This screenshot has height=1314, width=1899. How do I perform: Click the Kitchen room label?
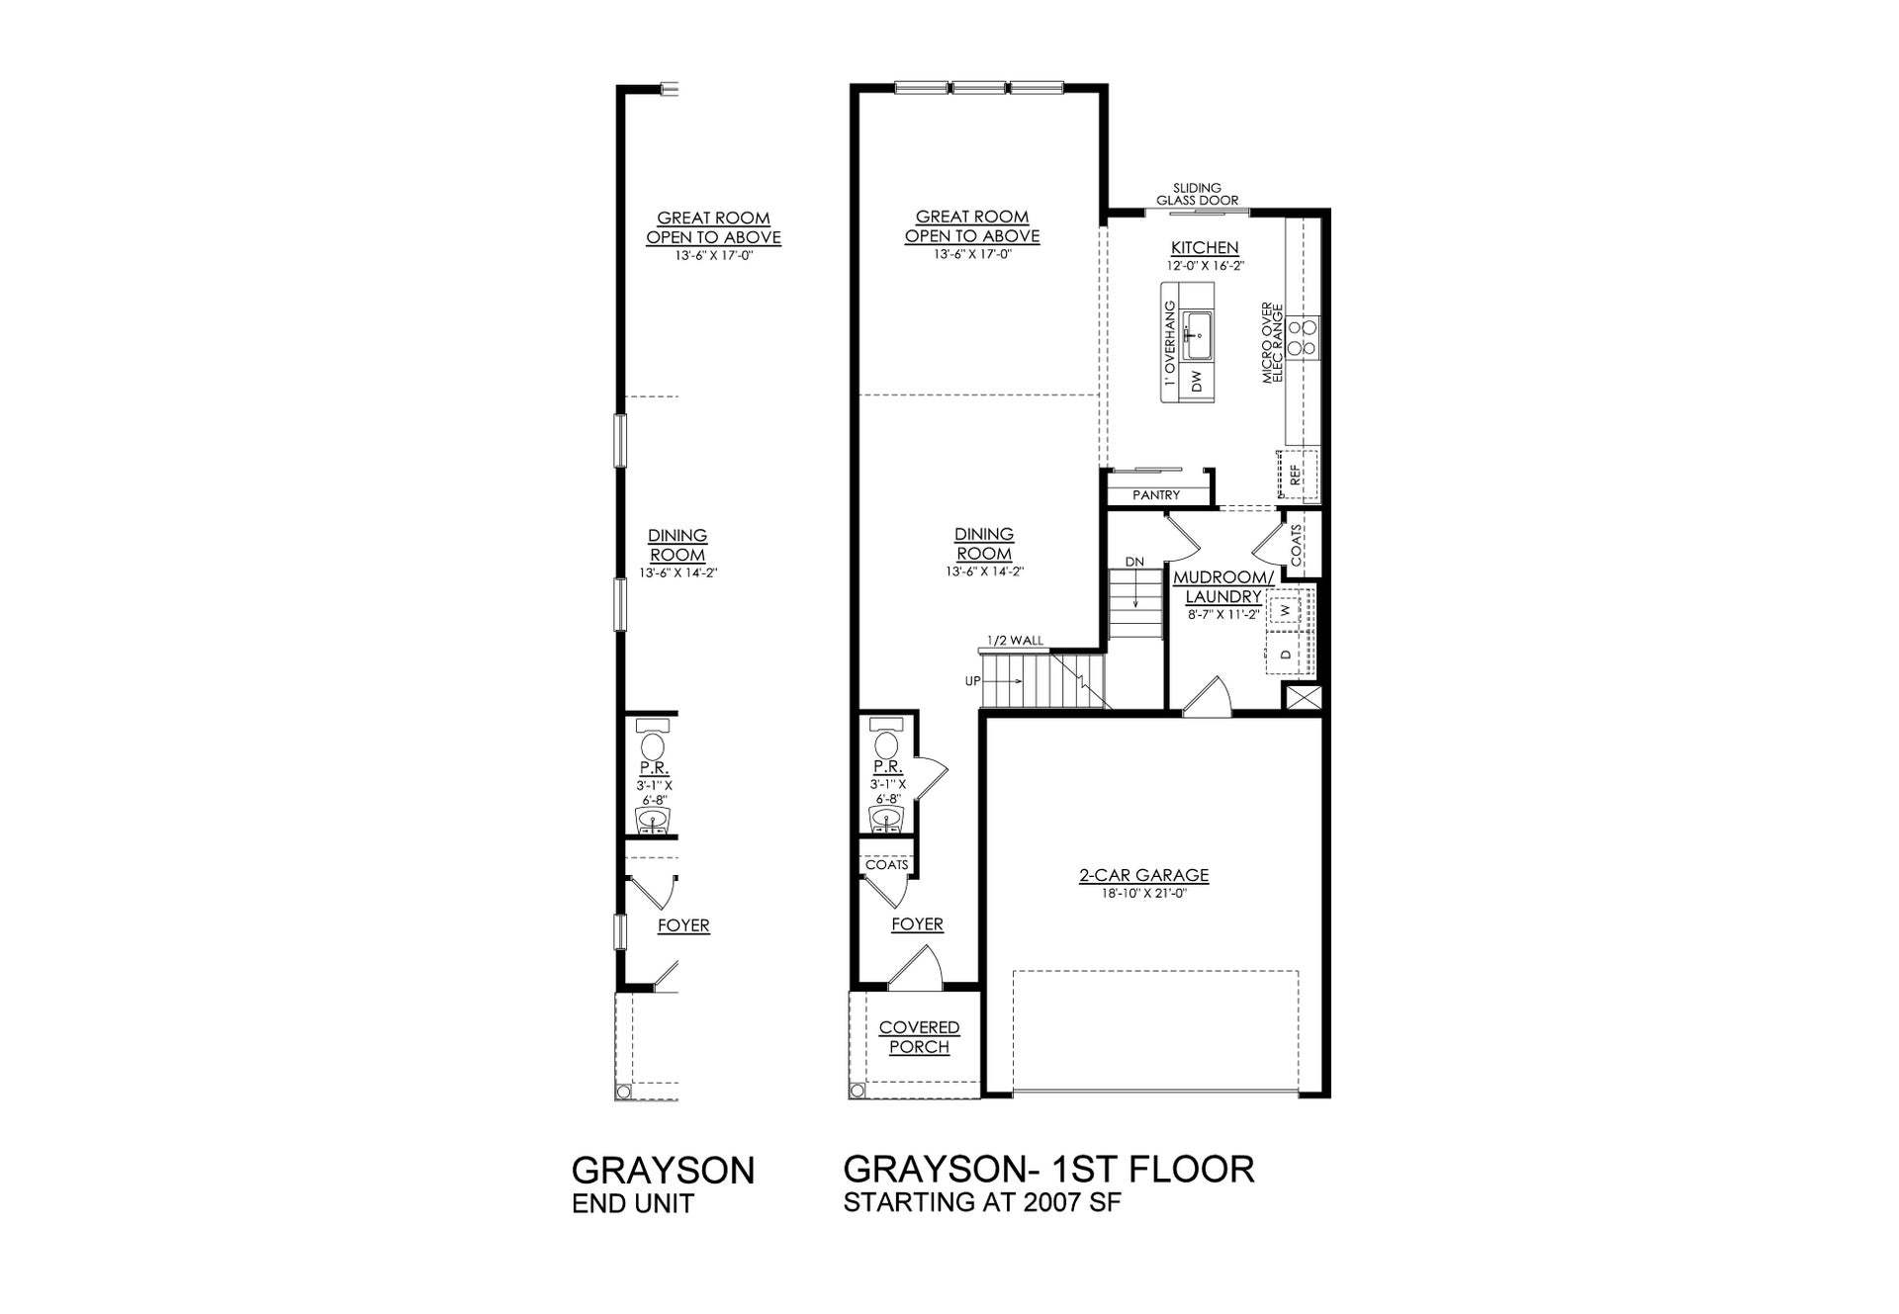coord(1204,248)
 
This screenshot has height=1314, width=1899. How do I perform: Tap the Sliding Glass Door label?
coord(1197,194)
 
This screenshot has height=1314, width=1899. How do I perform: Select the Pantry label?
coord(1155,495)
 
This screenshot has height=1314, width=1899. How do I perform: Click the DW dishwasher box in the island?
coord(1198,382)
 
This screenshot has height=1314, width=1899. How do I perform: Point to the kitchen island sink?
coord(1198,336)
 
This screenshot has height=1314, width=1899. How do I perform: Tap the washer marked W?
coord(1286,611)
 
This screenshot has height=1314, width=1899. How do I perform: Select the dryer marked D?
coord(1286,655)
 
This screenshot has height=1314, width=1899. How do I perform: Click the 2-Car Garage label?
coord(1143,875)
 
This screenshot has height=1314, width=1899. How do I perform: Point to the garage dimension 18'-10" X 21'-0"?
coord(1143,894)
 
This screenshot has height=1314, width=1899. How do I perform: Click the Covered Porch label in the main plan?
coord(919,1037)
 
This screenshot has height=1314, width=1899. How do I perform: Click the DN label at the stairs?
coord(1134,562)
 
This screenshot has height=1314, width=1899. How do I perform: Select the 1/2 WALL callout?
coord(1015,641)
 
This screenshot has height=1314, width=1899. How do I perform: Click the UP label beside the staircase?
coord(972,681)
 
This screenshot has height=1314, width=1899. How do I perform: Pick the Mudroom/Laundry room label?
coord(1223,586)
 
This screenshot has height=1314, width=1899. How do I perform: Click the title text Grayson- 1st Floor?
coord(1048,1169)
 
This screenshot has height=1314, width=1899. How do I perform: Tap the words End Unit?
coord(633,1203)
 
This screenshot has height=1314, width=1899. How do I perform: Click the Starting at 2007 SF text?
coord(983,1203)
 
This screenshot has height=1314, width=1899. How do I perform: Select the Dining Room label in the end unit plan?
coord(678,545)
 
